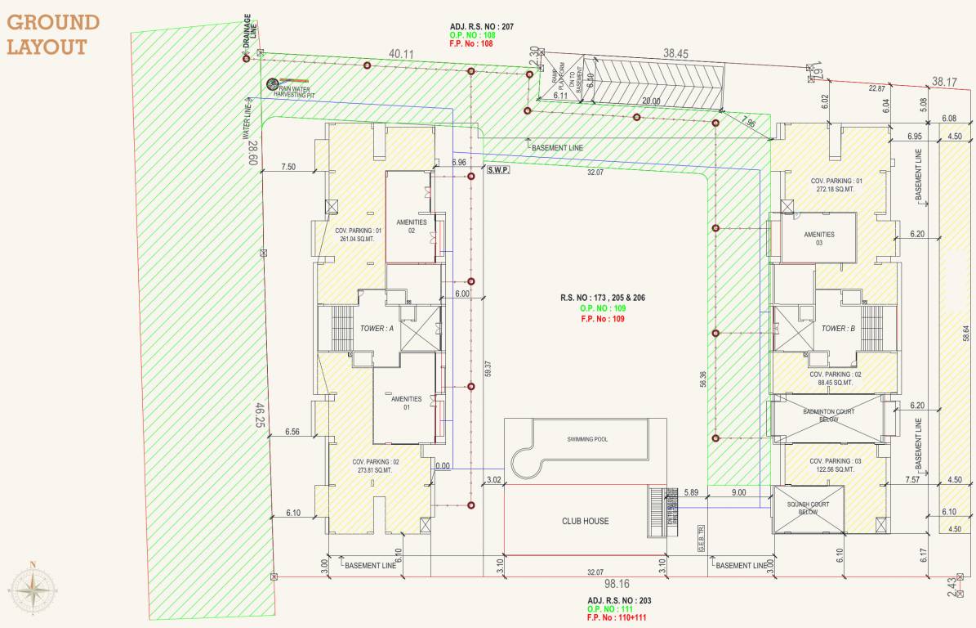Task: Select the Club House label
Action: [x=585, y=521]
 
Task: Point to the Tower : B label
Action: [x=838, y=329]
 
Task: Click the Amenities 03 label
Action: [x=819, y=239]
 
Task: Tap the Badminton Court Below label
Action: [x=828, y=415]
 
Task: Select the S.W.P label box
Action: [x=497, y=170]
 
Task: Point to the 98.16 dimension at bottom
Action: [x=617, y=585]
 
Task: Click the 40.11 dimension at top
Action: [x=402, y=54]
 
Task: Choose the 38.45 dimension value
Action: [x=676, y=53]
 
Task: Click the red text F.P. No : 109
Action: [x=601, y=319]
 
